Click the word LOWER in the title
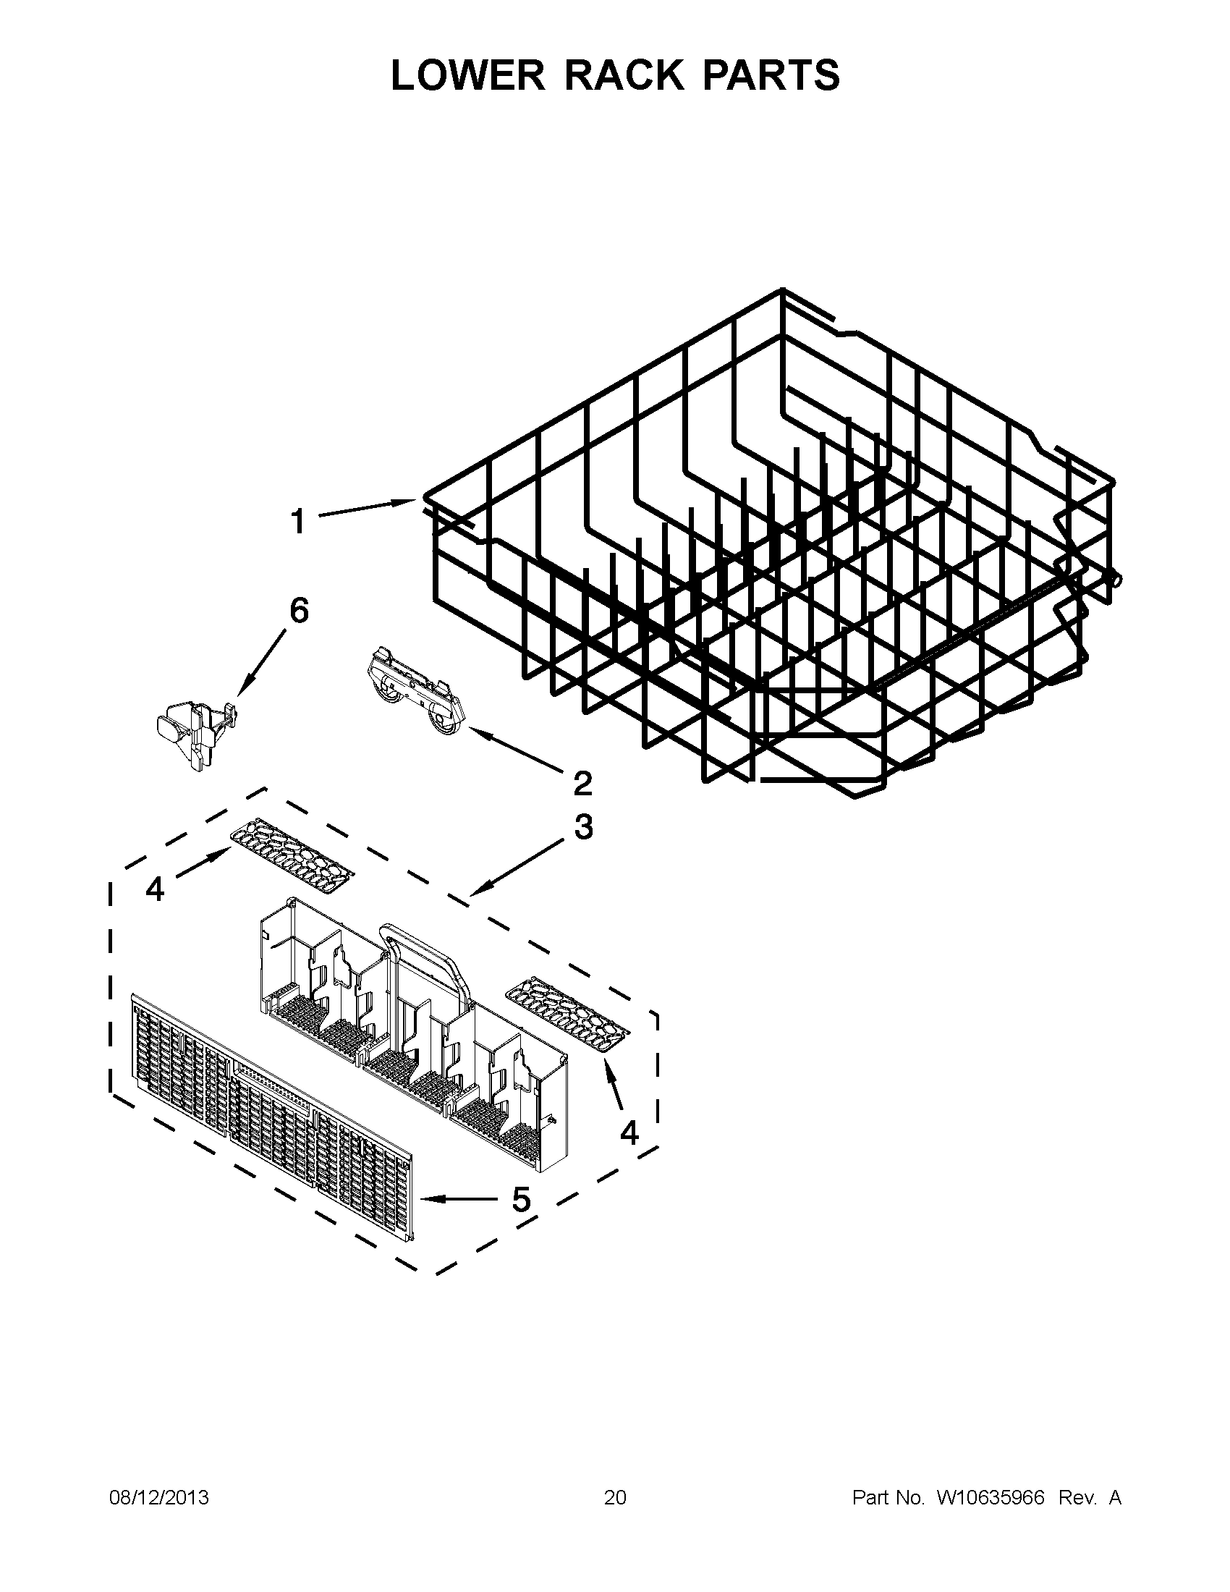pos(467,75)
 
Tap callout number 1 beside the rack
pos(297,522)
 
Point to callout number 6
pos(299,611)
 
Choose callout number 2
pos(583,784)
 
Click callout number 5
pos(521,1199)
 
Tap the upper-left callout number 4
pos(156,889)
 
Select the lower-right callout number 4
pos(629,1132)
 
